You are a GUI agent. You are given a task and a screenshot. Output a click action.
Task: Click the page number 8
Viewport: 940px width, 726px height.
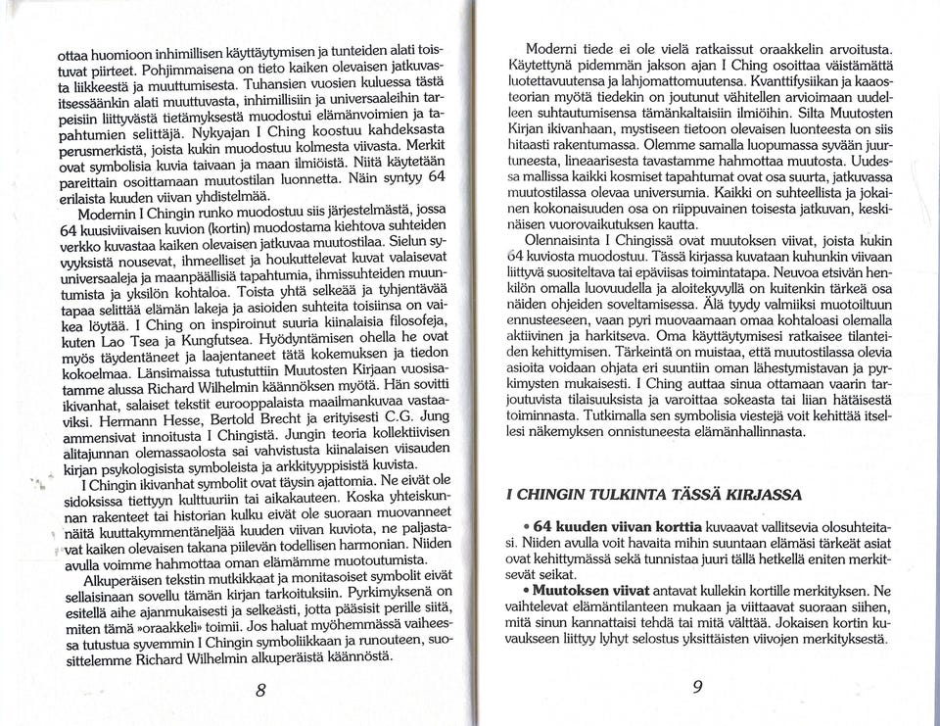point(261,689)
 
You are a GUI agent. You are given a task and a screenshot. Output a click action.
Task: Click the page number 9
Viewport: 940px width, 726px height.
point(698,687)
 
